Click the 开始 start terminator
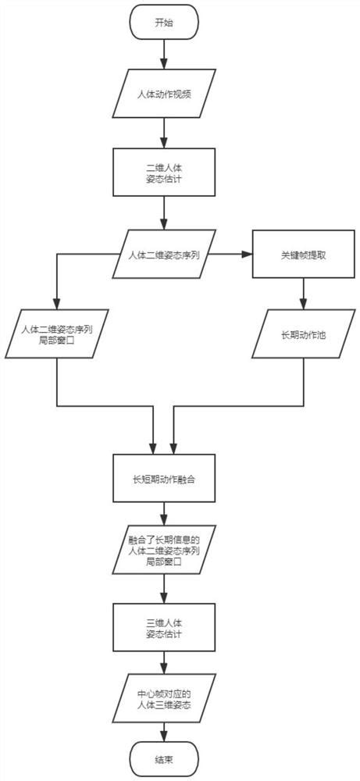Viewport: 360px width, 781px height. tap(164, 23)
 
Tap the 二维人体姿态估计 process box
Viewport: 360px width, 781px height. tap(164, 177)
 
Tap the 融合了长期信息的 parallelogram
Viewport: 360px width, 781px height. tap(164, 550)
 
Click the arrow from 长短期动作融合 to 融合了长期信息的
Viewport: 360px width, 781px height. tap(164, 514)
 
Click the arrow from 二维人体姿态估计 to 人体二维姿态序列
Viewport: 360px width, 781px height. tap(164, 212)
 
